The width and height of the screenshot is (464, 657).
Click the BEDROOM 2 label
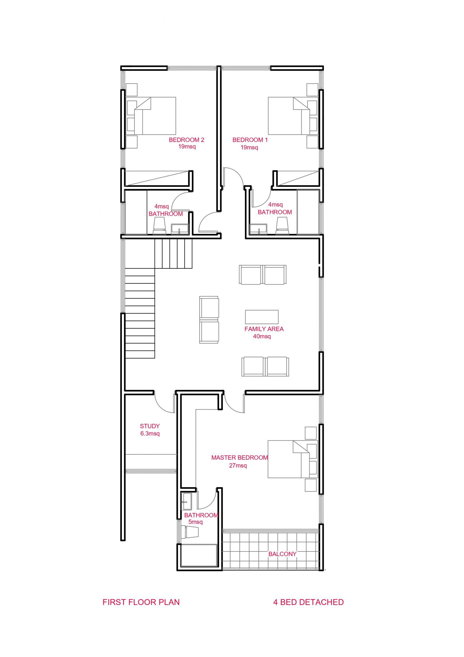186,140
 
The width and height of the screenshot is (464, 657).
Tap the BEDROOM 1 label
250,140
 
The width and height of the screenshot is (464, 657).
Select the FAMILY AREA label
264,329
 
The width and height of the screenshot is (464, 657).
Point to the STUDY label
150,426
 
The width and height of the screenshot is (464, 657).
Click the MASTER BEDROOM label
239,458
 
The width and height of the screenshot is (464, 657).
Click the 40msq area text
262,336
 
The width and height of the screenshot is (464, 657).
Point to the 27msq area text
238,466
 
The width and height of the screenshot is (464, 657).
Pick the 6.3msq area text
150,433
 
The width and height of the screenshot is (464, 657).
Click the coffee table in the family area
262,317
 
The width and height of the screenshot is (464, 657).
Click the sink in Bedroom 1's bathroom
258,229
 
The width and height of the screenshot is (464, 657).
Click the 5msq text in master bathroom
195,522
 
